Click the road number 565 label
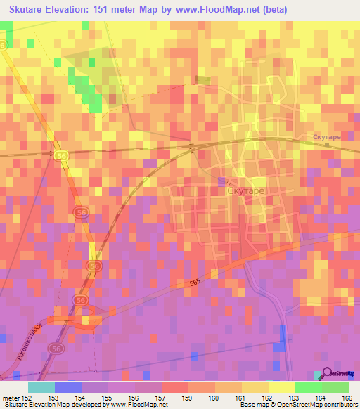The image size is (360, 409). tap(195, 283)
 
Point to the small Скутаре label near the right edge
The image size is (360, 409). tap(326, 138)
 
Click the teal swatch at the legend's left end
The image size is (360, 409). tap(41, 387)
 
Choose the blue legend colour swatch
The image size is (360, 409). tap(67, 387)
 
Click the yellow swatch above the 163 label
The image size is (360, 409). tap(281, 387)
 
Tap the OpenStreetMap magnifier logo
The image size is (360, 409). tap(328, 375)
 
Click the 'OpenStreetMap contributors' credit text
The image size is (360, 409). tap(319, 405)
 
